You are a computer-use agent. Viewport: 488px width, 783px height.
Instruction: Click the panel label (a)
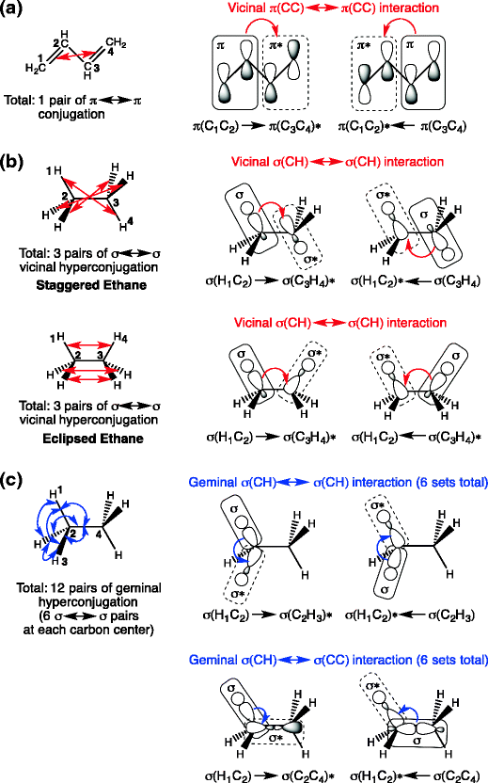tap(14, 11)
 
